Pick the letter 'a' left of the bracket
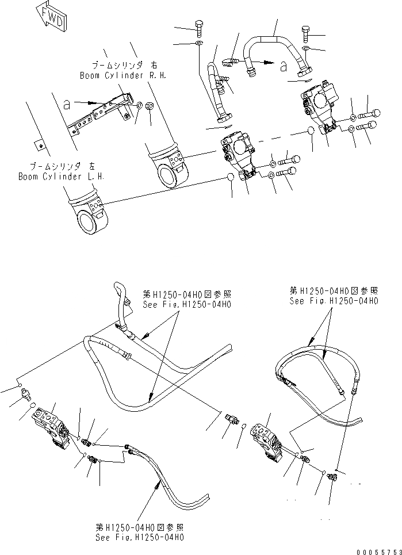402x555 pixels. click(67, 105)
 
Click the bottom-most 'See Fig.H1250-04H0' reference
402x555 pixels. click(140, 537)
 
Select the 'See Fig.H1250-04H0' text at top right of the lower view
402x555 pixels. click(334, 301)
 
